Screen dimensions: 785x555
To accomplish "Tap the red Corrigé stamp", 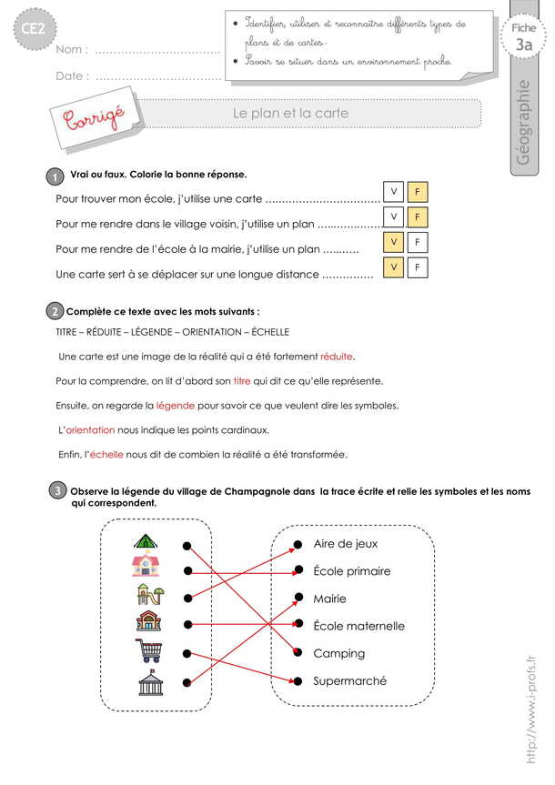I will coord(92,117).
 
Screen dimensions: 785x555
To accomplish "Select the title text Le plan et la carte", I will coord(291,114).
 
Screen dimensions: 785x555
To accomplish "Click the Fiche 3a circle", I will coord(523,38).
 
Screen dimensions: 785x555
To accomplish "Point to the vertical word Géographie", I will coord(523,124).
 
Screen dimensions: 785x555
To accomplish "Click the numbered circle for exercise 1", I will coord(55,176).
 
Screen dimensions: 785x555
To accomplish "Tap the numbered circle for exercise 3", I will coord(56,492).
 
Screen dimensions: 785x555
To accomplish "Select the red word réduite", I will coord(337,356).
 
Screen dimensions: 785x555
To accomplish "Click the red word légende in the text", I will coord(175,405).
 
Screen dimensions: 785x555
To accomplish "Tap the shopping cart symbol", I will coord(147,650).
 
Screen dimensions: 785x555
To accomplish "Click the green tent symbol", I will coord(146,543).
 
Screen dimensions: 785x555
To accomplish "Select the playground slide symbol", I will coord(148,596).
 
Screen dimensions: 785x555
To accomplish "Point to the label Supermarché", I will coord(349,680).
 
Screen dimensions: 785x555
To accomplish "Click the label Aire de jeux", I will coord(345,544).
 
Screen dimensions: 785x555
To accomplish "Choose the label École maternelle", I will coord(358,626).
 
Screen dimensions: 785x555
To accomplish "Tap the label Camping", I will coord(338,653).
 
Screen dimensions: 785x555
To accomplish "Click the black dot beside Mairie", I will coord(297,599).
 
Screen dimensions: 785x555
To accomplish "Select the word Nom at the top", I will coord(71,50).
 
